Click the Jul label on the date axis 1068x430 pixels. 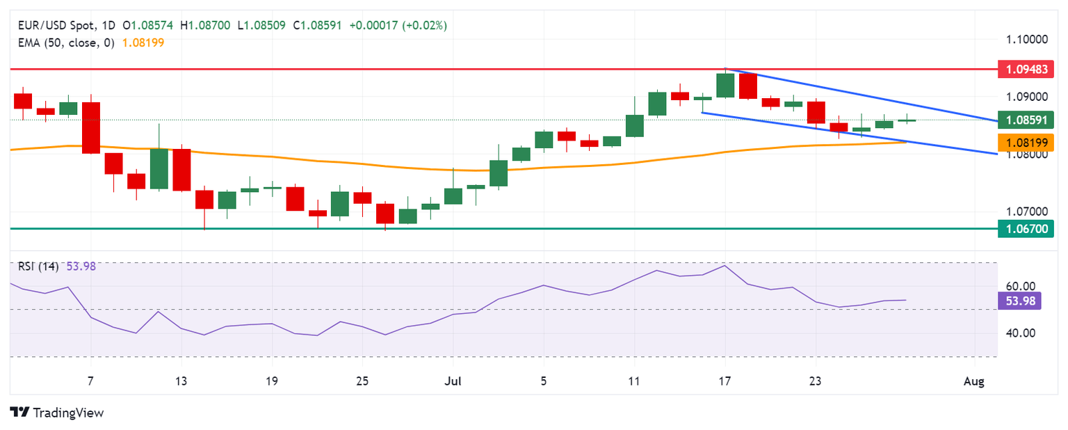pyautogui.click(x=453, y=381)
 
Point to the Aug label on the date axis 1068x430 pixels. pyautogui.click(x=974, y=381)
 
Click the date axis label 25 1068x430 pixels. pyautogui.click(x=362, y=381)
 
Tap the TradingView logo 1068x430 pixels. pyautogui.click(x=57, y=413)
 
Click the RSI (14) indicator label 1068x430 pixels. pyautogui.click(x=38, y=266)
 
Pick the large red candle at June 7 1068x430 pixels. pyautogui.click(x=91, y=128)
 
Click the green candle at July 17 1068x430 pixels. pyautogui.click(x=725, y=85)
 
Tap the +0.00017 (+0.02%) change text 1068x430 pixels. pyautogui.click(x=398, y=25)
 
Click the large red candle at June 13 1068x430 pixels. pyautogui.click(x=181, y=169)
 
